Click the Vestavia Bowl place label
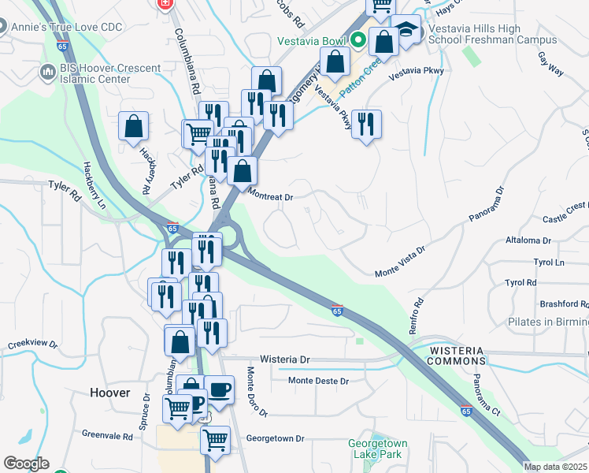tap(310, 41)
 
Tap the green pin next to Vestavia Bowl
tap(357, 38)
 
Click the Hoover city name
tap(109, 393)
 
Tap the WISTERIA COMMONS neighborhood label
tap(457, 355)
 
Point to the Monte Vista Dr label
tap(399, 260)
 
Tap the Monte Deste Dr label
tap(318, 381)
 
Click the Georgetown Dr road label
tap(275, 438)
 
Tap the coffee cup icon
tap(219, 389)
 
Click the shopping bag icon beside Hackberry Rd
tap(134, 125)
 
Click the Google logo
tap(26, 464)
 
